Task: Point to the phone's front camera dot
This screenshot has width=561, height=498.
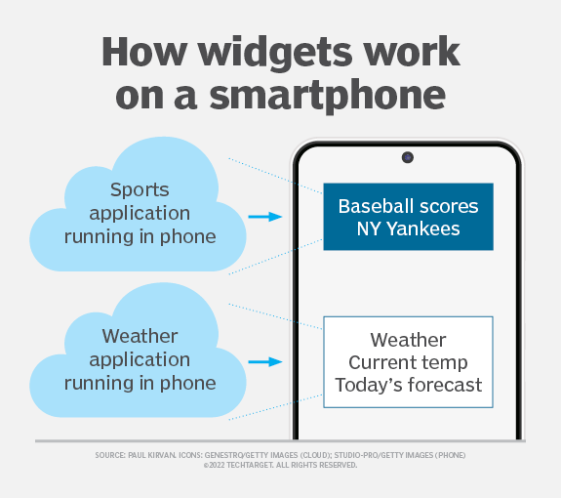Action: [x=407, y=157]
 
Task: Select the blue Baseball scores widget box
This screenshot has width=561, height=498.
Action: [x=407, y=217]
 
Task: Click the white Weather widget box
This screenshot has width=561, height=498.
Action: [x=408, y=362]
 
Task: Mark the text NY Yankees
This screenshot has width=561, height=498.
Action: [x=408, y=229]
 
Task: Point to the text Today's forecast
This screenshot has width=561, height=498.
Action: [x=408, y=385]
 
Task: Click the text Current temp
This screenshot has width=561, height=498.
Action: [x=408, y=363]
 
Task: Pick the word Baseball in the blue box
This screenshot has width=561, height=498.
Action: [x=374, y=207]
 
